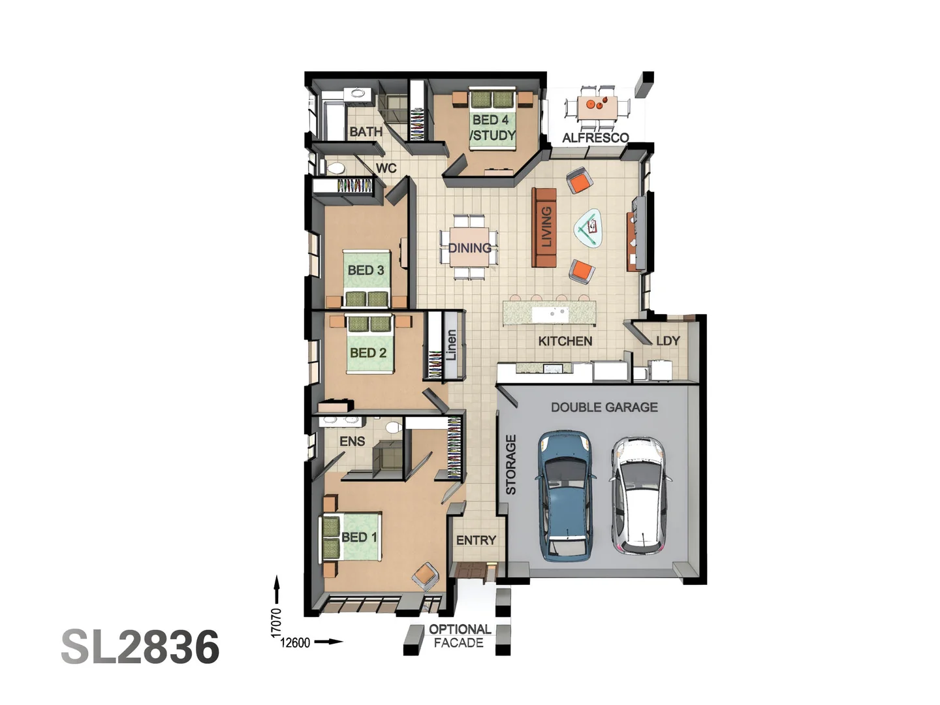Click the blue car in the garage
(x=565, y=496)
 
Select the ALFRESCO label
(x=595, y=138)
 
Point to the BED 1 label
(x=359, y=537)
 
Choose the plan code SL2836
(x=140, y=647)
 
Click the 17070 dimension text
(x=276, y=623)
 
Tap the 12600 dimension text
(x=295, y=643)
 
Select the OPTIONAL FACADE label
(x=459, y=636)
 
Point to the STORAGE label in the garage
(x=511, y=464)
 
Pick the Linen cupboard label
(x=451, y=345)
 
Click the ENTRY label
(x=476, y=540)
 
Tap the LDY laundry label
(x=668, y=341)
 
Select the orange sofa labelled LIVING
(x=544, y=227)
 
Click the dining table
(x=469, y=247)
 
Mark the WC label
(x=386, y=168)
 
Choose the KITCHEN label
(x=565, y=341)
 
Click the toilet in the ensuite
(x=393, y=428)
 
